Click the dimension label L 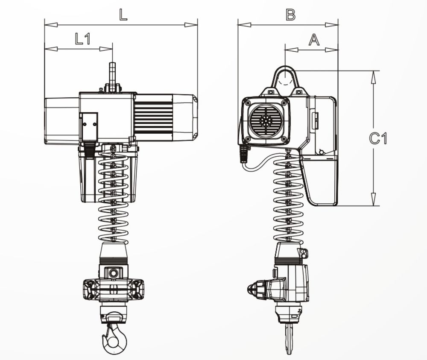(x=123, y=15)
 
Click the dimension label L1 (x=82, y=39)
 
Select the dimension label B (x=290, y=15)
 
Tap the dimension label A (x=314, y=40)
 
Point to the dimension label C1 (x=378, y=138)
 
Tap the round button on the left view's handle (x=113, y=272)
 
